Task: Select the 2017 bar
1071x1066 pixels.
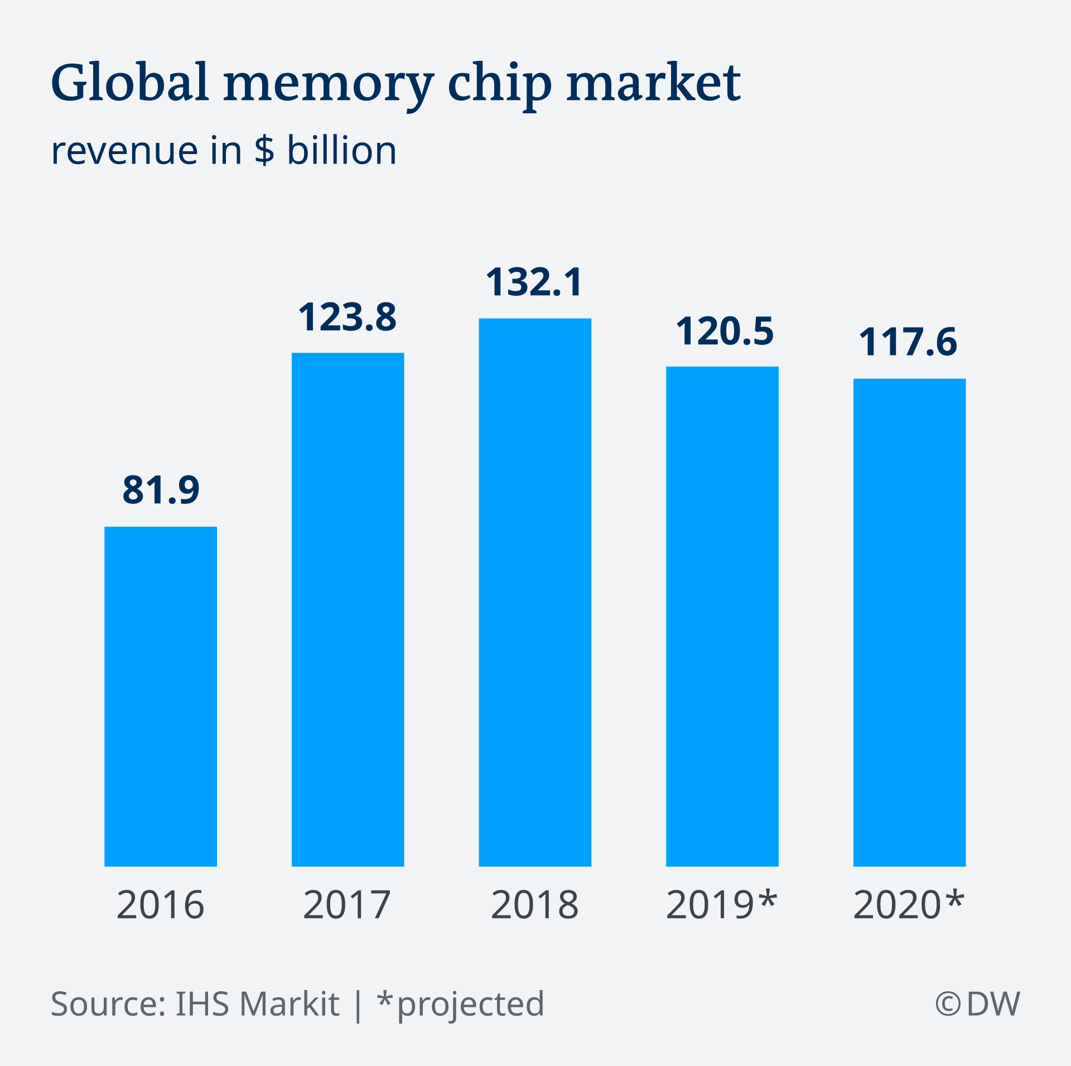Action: [x=348, y=609]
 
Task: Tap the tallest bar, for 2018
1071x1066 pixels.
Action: [x=535, y=592]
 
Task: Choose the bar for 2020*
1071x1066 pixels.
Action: [x=909, y=622]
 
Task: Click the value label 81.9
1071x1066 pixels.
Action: [x=161, y=490]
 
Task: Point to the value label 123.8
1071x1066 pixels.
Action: [x=348, y=317]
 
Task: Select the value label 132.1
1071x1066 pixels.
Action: [x=534, y=282]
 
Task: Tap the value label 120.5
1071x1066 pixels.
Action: [x=725, y=332]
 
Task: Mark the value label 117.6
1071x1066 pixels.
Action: [x=908, y=342]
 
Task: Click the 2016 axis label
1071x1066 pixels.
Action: [x=161, y=905]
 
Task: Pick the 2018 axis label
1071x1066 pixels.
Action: [x=534, y=905]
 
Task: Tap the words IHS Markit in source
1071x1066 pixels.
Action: [x=257, y=1003]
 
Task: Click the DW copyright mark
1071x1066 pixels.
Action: [x=977, y=1003]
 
